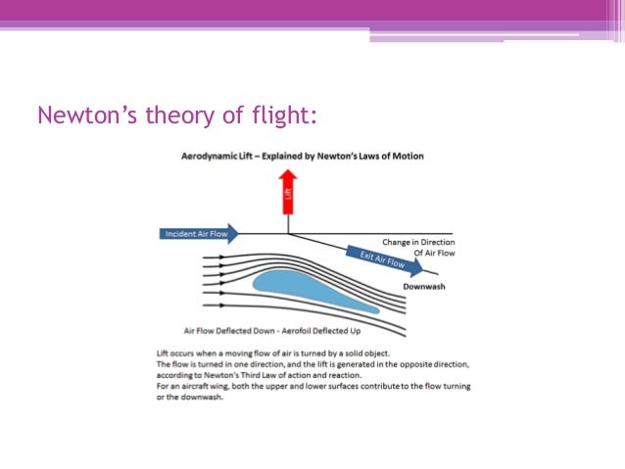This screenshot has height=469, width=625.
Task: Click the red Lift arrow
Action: point(288,191)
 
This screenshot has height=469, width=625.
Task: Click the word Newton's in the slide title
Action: point(83,116)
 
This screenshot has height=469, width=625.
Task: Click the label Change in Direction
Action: point(416,242)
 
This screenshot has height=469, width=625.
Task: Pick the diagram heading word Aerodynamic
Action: point(209,157)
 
